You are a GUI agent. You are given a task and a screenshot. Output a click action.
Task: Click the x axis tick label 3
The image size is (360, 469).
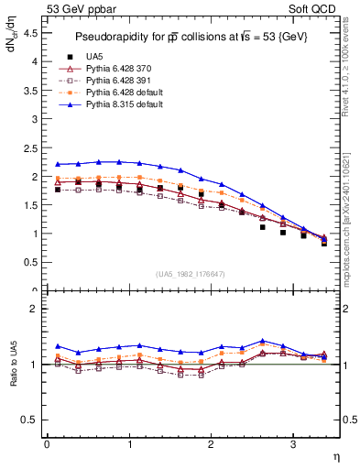292,444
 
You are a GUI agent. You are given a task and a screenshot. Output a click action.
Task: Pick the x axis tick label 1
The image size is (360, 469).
128,444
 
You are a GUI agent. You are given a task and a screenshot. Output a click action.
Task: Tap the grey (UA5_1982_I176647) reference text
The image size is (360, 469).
192,274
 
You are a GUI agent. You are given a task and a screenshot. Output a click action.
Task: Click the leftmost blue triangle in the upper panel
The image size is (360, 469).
58,164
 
